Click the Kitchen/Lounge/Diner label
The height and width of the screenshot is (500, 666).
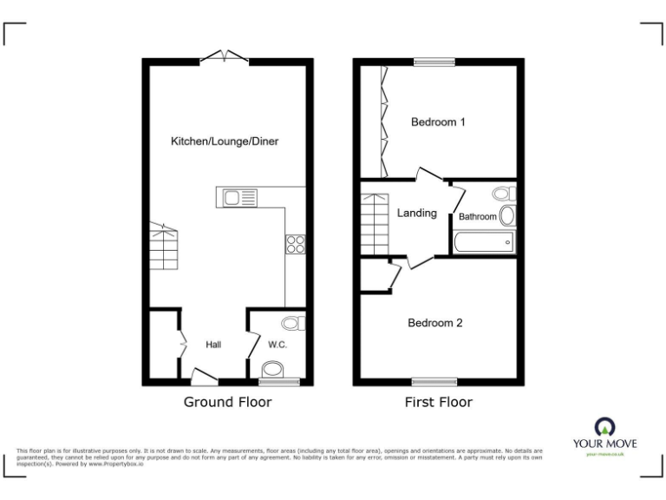(225, 141)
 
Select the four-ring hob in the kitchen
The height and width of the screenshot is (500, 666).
(295, 244)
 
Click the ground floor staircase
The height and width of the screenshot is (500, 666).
(163, 249)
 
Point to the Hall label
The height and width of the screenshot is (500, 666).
(213, 345)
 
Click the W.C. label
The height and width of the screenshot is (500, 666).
(277, 345)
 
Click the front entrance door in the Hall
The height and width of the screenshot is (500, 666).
(203, 378)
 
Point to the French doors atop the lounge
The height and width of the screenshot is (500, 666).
(225, 58)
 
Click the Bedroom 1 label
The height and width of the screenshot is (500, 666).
(438, 122)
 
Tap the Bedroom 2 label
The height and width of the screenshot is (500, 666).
(435, 323)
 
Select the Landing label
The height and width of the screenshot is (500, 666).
(417, 213)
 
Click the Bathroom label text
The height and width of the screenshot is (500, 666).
(478, 217)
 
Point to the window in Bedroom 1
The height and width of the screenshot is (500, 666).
(434, 62)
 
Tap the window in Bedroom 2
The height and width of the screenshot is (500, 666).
(434, 382)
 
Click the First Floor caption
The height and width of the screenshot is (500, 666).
(439, 402)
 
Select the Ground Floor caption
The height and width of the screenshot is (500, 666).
(227, 402)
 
